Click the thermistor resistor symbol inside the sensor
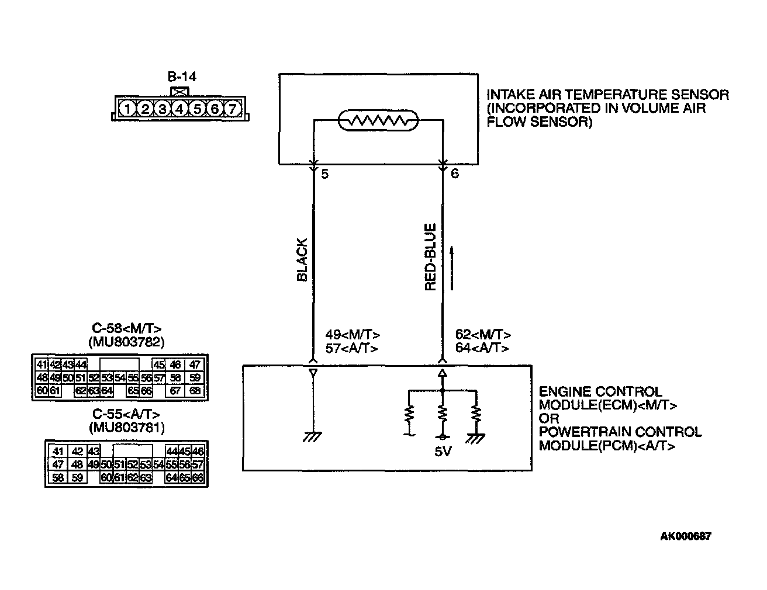point(378,121)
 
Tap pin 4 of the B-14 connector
point(180,109)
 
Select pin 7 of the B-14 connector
point(232,109)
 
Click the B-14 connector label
point(182,77)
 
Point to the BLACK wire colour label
point(302,259)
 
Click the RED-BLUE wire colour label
point(431,257)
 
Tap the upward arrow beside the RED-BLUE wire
point(452,268)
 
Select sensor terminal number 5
point(325,173)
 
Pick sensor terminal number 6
point(455,173)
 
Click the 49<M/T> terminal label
point(353,335)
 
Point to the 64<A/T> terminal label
point(482,348)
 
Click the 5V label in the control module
point(443,452)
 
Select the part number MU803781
point(126,428)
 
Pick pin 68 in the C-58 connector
point(195,391)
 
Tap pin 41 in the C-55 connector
point(57,451)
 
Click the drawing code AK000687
point(686,536)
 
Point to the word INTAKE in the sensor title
point(507,95)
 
